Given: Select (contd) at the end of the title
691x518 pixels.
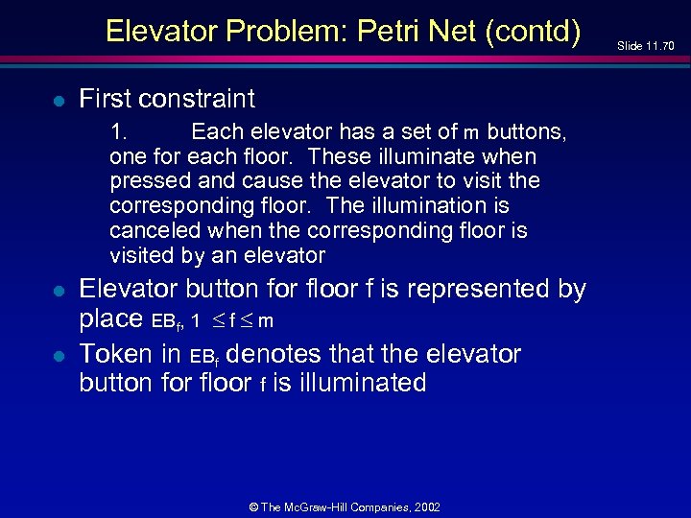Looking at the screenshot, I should tap(534, 32).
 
